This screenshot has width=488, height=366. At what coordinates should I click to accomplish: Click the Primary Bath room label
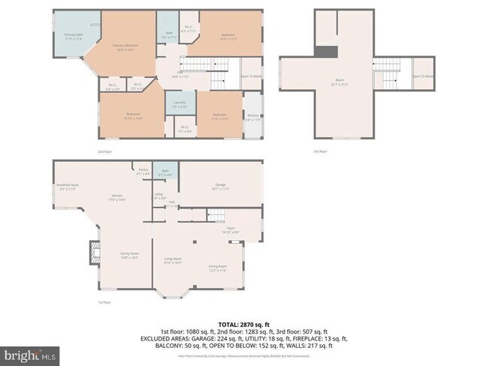tap(73, 36)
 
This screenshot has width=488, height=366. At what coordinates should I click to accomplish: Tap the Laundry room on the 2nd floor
tap(179, 103)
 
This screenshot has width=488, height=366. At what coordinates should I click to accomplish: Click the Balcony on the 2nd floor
tap(253, 116)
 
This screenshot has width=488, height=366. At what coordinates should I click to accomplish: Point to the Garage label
tap(221, 186)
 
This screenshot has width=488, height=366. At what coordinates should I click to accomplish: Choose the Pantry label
tap(143, 172)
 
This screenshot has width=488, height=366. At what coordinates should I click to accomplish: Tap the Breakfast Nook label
tap(68, 186)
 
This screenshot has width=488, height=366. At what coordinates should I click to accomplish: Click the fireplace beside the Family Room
tap(94, 253)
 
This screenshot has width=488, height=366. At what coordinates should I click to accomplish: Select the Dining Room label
tap(218, 267)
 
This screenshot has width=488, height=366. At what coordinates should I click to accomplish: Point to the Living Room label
tap(173, 260)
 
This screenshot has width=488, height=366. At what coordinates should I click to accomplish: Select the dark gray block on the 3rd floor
tap(326, 52)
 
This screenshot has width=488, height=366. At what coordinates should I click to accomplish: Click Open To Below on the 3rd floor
tap(423, 75)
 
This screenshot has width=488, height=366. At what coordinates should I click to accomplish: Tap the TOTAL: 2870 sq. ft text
tap(244, 320)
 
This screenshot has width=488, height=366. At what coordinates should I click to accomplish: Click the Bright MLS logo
tap(31, 353)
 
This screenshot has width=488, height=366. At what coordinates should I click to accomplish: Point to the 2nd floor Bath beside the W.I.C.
tap(170, 34)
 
